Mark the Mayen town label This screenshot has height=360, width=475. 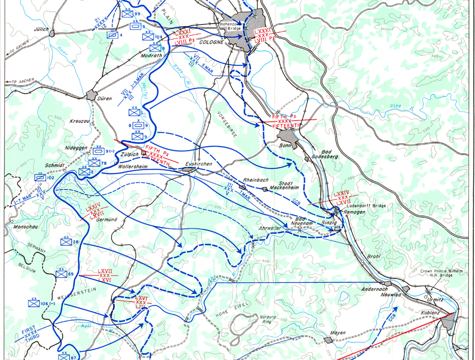[x=338, y=333]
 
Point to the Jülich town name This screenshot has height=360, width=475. [x=41, y=29]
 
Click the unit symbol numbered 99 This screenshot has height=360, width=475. [x=127, y=14]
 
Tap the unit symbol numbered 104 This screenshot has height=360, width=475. [x=148, y=37]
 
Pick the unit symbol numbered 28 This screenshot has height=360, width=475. [x=66, y=241]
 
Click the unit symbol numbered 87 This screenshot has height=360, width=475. [x=64, y=357]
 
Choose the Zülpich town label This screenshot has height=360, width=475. [x=129, y=154]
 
